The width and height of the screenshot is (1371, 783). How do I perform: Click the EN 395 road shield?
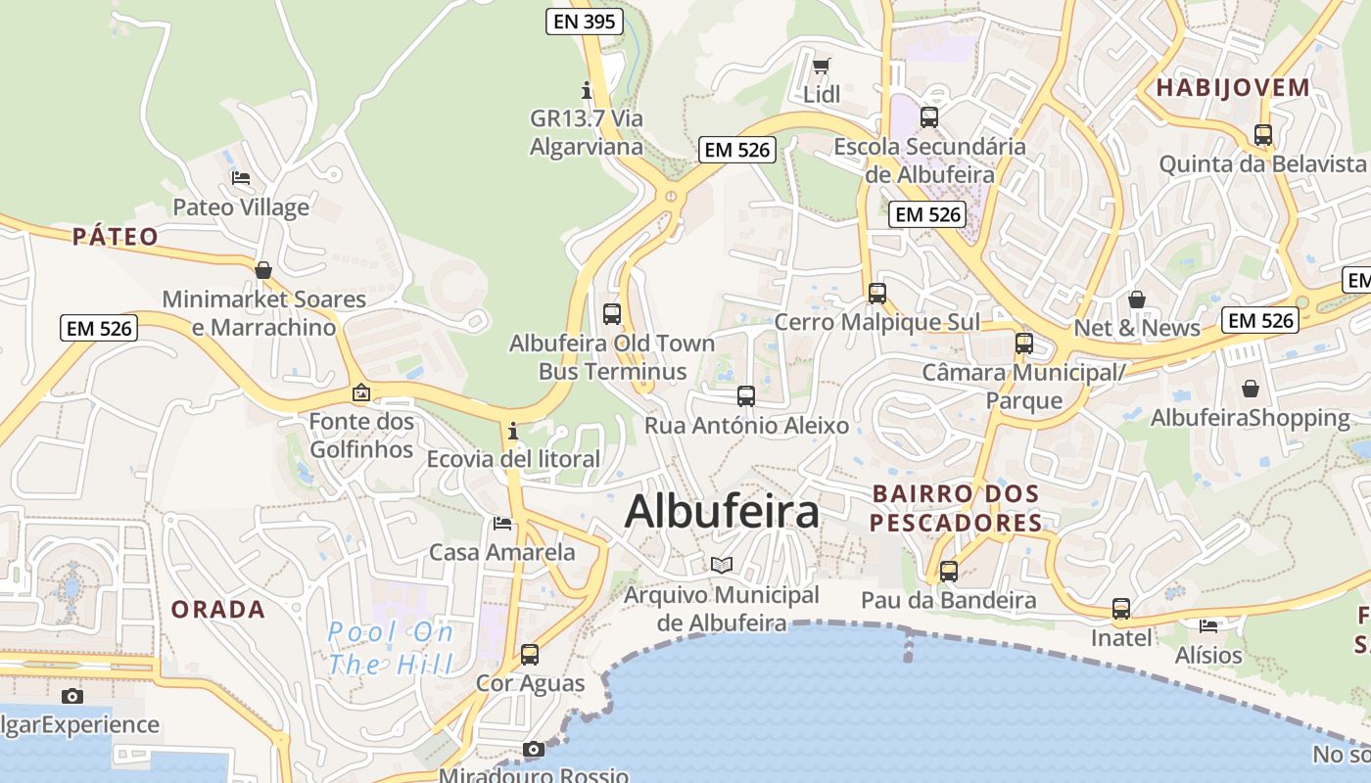(x=585, y=22)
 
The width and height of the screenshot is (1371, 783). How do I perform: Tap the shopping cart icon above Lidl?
(x=822, y=67)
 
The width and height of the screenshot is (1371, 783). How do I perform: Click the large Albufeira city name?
(x=722, y=511)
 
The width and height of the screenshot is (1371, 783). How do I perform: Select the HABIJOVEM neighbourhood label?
(x=1233, y=87)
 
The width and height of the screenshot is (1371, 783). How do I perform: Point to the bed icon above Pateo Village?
(x=241, y=178)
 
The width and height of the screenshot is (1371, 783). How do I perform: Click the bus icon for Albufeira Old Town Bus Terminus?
(x=612, y=314)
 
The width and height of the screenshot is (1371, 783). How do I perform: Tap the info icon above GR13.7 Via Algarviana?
(x=587, y=90)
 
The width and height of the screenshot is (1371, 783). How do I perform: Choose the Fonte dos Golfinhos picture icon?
(x=361, y=393)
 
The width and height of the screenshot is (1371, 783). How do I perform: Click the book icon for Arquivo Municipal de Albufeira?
(x=722, y=566)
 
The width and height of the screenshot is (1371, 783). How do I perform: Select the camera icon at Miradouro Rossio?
(x=534, y=750)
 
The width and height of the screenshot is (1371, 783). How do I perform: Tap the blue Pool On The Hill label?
(x=391, y=649)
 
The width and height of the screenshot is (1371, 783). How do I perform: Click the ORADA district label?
(x=218, y=610)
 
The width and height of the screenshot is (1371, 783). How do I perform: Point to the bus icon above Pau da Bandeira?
(x=948, y=572)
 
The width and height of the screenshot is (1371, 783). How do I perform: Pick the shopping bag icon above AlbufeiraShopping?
(x=1251, y=389)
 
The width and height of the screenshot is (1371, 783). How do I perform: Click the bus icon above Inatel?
(x=1121, y=609)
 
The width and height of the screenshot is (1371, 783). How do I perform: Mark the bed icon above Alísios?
(x=1208, y=625)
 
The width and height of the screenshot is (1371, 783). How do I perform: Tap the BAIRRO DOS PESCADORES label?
(x=956, y=508)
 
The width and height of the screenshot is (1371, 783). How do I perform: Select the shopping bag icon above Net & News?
(x=1137, y=299)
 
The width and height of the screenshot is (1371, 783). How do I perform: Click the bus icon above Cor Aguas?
(x=530, y=654)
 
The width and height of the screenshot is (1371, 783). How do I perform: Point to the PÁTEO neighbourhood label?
(x=116, y=236)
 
